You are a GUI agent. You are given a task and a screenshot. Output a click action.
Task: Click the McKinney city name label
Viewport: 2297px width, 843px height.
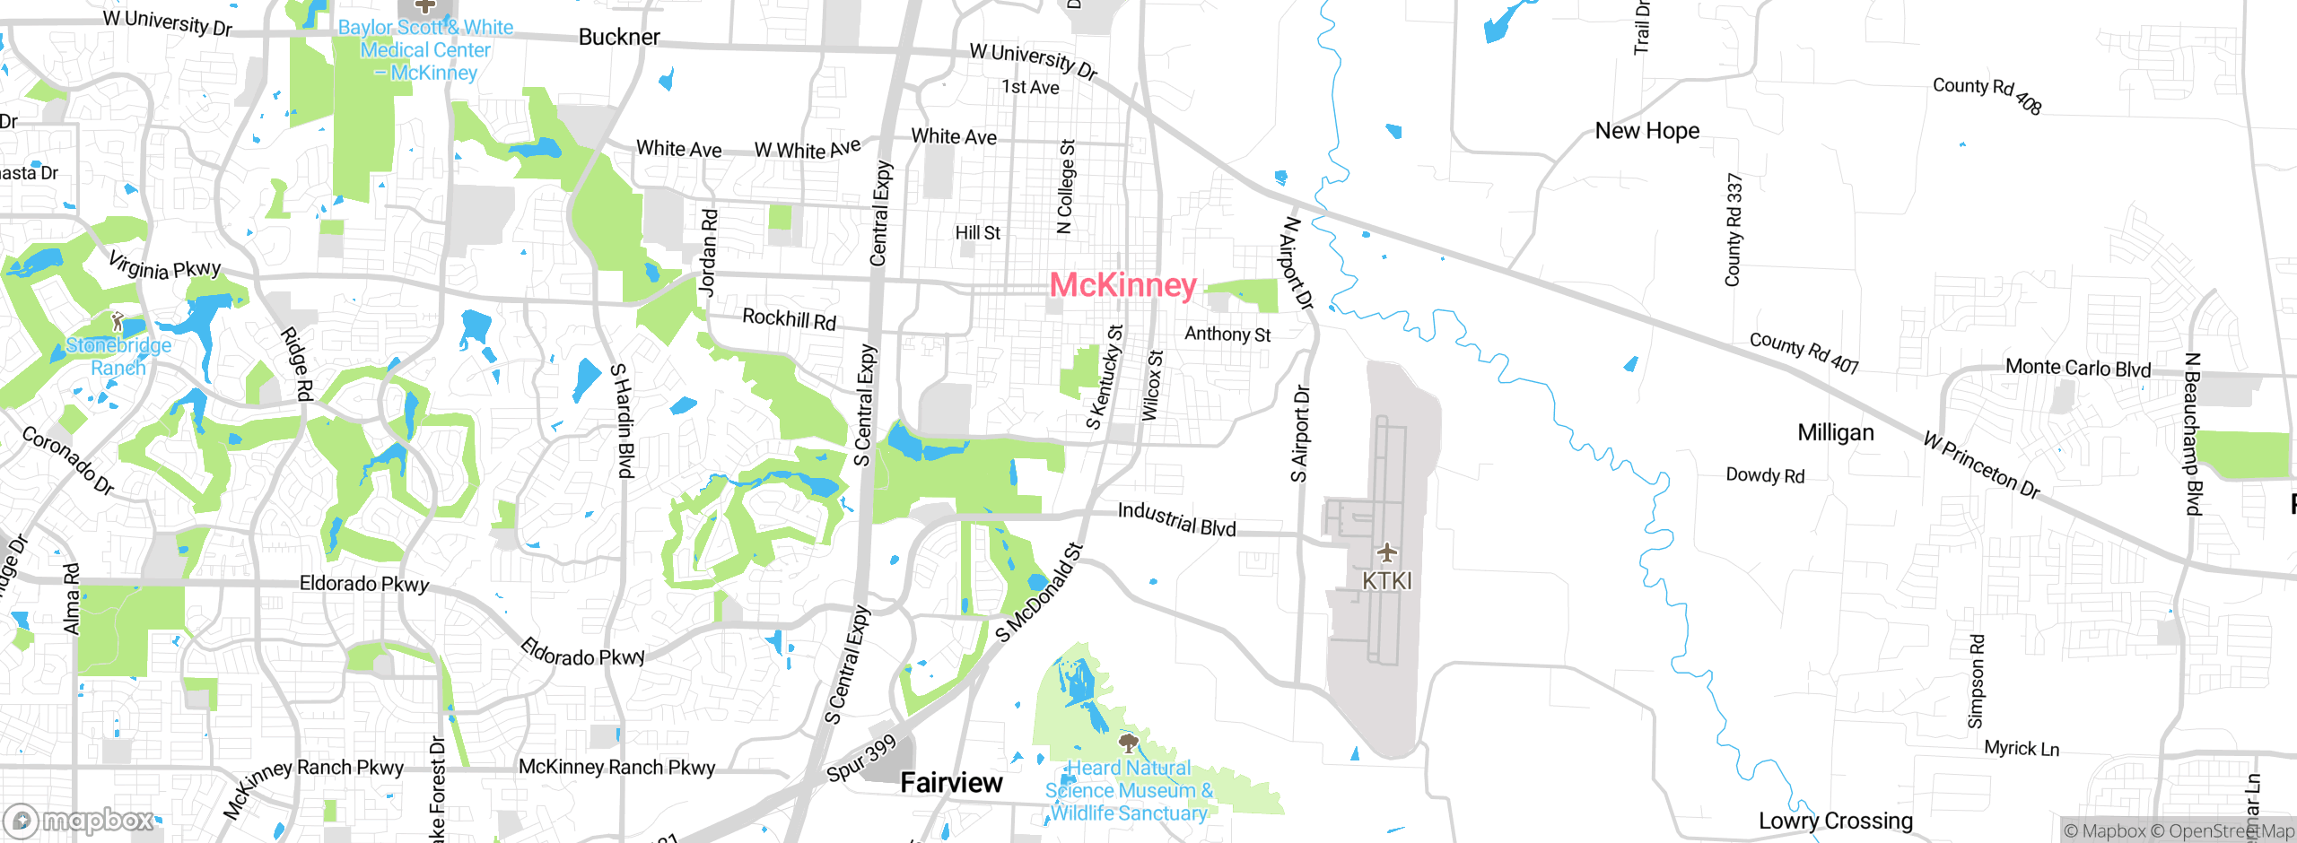click(x=1122, y=285)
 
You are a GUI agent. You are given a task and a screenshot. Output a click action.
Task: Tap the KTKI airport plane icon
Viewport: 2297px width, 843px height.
click(x=1386, y=551)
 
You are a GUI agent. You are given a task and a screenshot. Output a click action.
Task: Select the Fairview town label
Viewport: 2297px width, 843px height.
click(x=951, y=782)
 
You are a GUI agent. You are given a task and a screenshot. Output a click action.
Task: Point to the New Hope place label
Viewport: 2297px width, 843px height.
click(x=1646, y=131)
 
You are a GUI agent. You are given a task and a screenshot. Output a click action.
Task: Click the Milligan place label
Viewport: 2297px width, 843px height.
click(x=1836, y=432)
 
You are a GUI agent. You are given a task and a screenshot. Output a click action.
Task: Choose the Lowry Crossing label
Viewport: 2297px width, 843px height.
click(x=1835, y=821)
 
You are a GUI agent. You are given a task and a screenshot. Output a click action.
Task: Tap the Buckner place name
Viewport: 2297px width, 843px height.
click(x=619, y=37)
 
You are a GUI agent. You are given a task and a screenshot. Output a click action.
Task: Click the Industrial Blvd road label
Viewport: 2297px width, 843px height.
click(x=1176, y=519)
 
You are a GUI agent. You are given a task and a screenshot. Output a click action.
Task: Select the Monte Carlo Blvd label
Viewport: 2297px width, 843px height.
click(x=2078, y=368)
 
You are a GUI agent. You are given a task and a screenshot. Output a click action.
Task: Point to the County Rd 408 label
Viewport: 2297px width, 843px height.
click(x=1987, y=95)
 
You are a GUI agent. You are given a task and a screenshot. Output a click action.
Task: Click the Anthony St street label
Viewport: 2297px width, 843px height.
click(x=1227, y=334)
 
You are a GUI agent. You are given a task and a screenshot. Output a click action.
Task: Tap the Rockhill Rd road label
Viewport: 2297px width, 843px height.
click(x=789, y=318)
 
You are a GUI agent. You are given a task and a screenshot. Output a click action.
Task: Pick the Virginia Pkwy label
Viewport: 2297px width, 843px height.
click(x=164, y=266)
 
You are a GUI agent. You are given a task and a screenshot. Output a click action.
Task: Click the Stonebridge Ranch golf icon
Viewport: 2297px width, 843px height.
click(x=117, y=320)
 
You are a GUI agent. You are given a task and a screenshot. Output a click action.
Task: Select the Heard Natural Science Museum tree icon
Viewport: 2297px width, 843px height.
click(x=1128, y=743)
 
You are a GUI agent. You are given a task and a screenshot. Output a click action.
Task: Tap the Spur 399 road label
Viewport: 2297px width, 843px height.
click(x=861, y=758)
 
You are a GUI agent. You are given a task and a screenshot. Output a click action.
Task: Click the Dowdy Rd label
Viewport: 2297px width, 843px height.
click(x=1765, y=475)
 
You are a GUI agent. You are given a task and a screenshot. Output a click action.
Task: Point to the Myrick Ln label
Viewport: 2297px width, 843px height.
click(x=2022, y=748)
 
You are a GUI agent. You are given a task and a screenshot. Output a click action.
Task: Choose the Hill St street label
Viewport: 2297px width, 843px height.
click(x=977, y=233)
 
